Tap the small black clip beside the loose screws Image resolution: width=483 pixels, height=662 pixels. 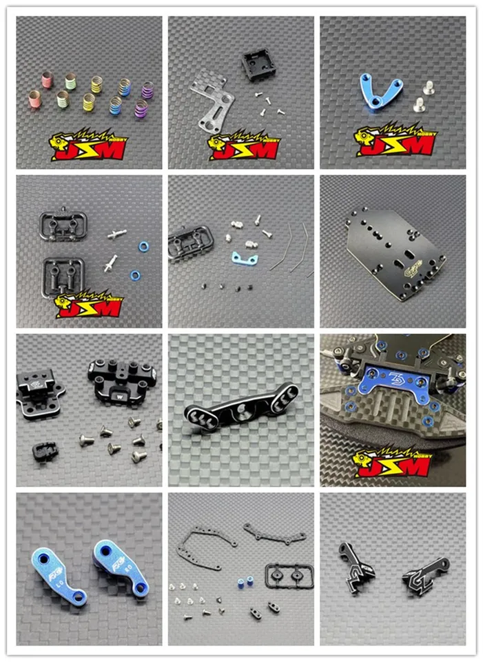coord(45,451)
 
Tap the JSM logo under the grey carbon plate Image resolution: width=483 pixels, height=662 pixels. coord(245,146)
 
